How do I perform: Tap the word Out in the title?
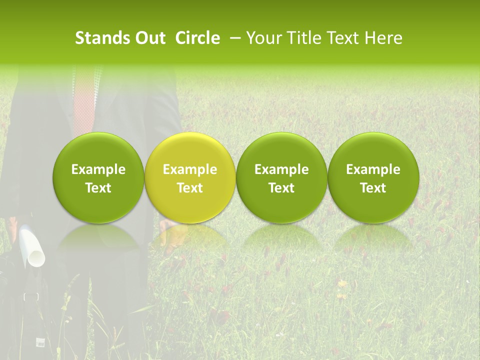pyautogui.click(x=148, y=38)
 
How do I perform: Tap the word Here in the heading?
pyautogui.click(x=383, y=38)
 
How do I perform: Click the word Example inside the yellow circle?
pyautogui.click(x=190, y=169)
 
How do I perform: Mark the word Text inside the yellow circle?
pyautogui.click(x=190, y=188)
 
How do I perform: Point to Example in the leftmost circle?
pyautogui.click(x=98, y=169)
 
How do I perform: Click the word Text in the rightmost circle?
pyautogui.click(x=373, y=188)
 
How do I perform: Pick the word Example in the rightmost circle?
pyautogui.click(x=373, y=169)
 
